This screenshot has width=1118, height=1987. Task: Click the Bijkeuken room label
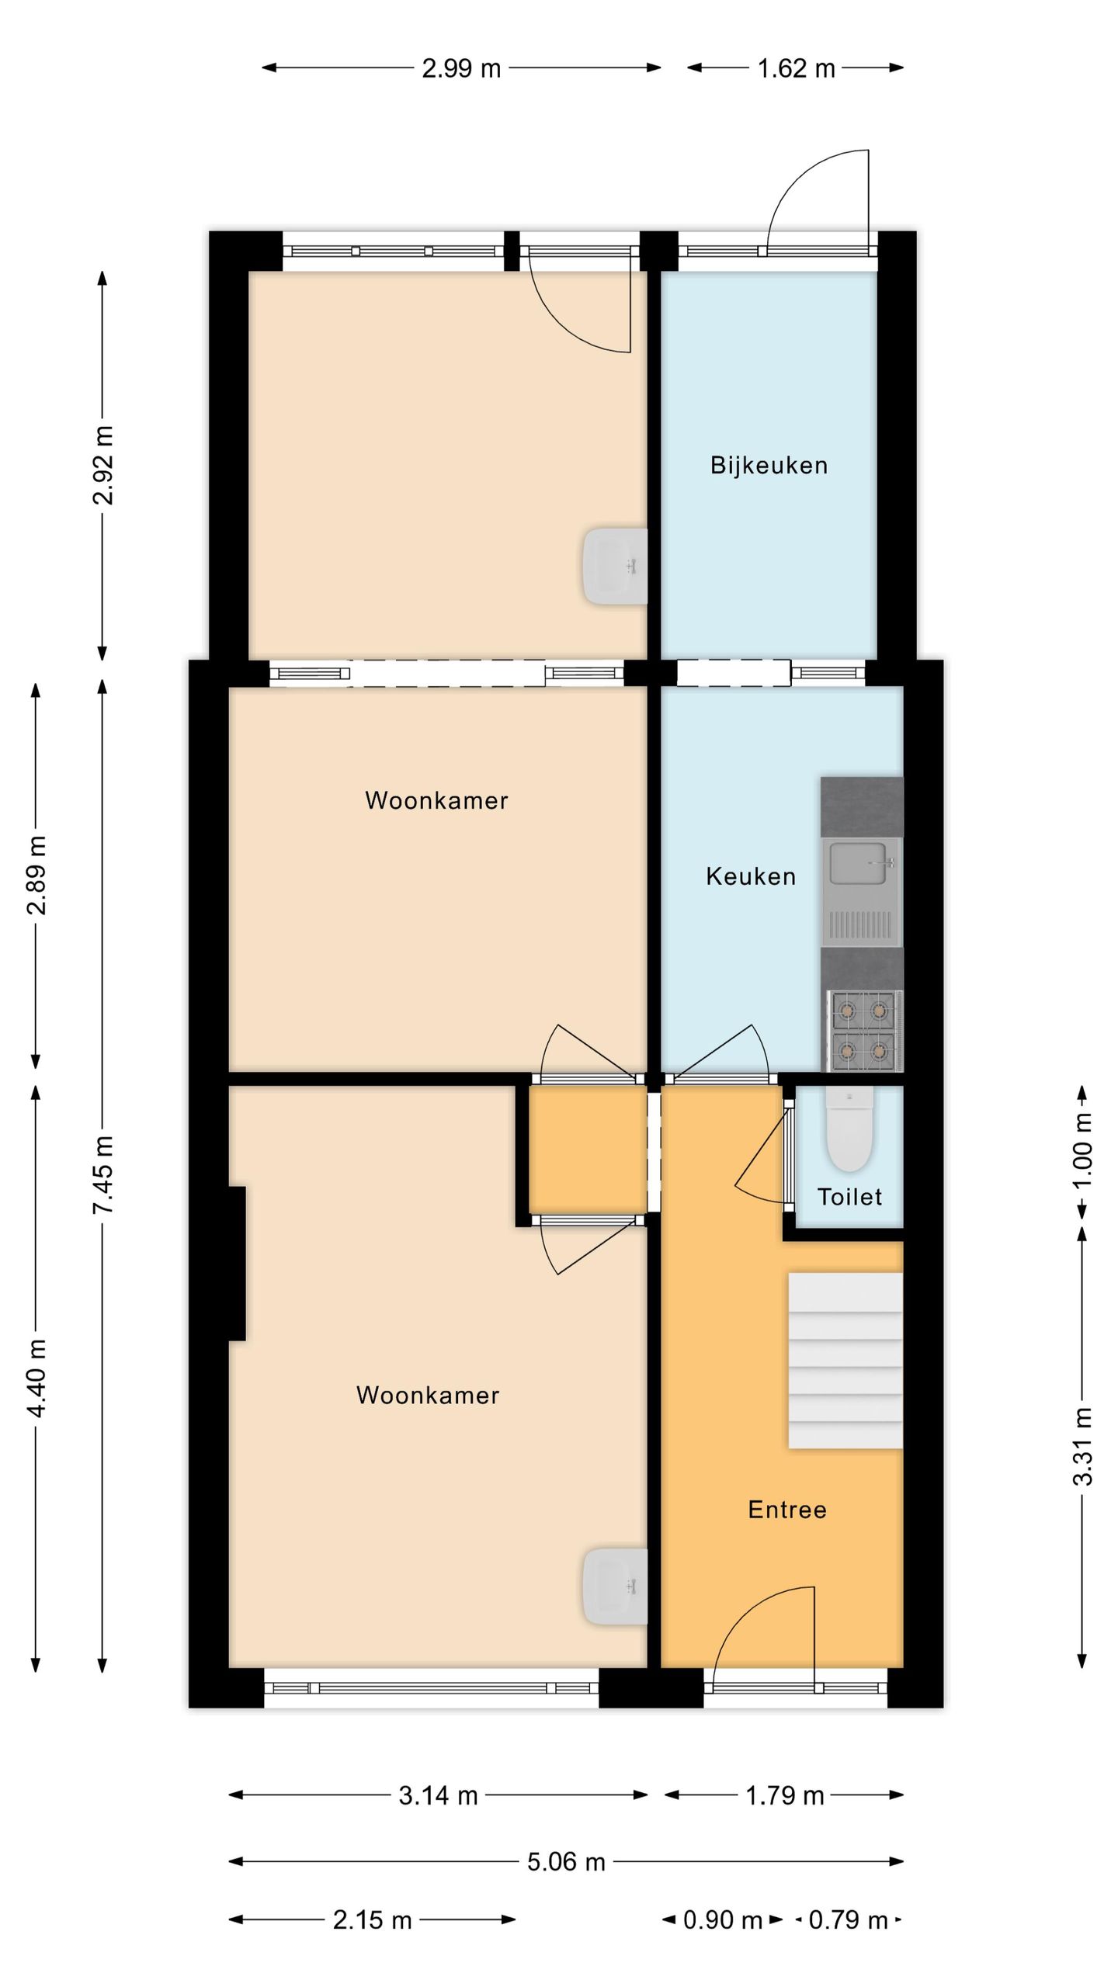tap(769, 466)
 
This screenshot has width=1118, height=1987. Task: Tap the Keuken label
tap(751, 877)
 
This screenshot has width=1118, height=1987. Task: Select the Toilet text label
tap(849, 1197)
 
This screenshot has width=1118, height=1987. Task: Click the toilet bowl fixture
tap(849, 1128)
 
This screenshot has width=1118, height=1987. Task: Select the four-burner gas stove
tap(864, 1031)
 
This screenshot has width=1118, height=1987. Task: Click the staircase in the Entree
tap(845, 1361)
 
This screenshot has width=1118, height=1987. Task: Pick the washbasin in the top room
tap(615, 567)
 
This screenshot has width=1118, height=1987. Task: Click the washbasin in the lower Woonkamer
tap(615, 1587)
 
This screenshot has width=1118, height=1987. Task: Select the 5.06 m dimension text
tap(566, 1862)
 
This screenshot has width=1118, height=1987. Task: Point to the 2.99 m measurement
tap(461, 68)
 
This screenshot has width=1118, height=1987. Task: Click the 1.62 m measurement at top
tap(796, 68)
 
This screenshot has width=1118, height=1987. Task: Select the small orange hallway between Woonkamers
tap(588, 1149)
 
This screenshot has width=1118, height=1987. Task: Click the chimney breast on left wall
tap(237, 1263)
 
